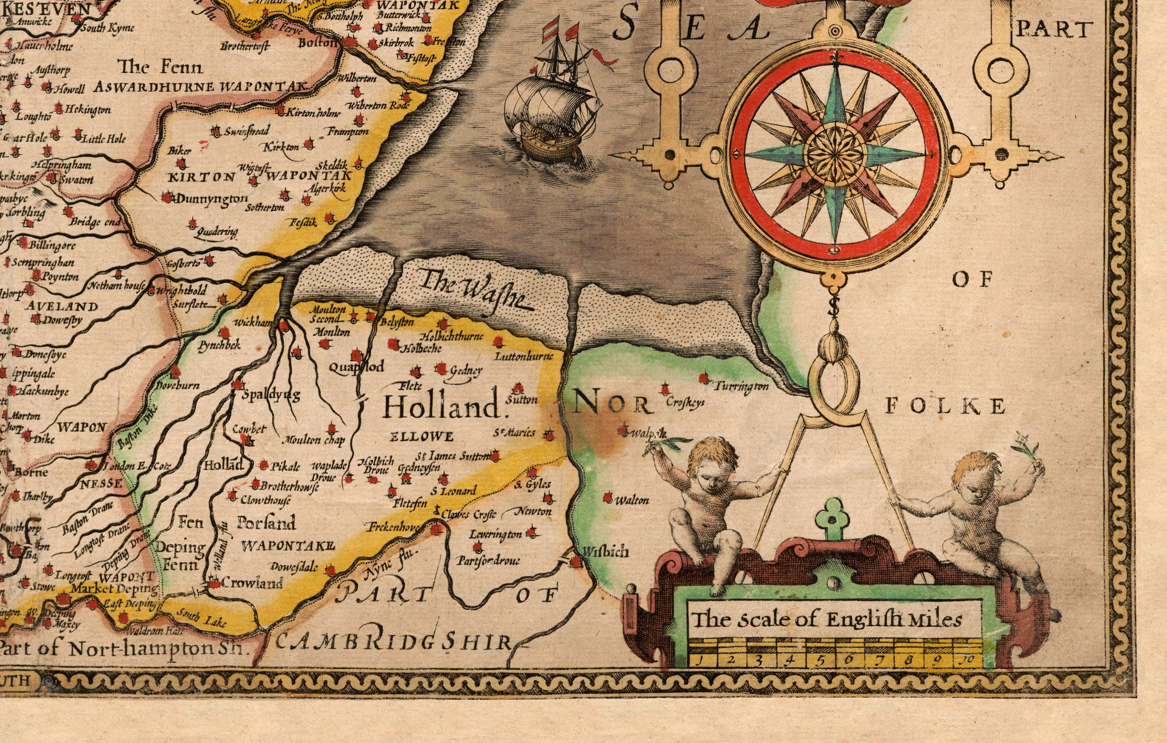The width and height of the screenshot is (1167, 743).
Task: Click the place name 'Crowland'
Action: [x=252, y=583]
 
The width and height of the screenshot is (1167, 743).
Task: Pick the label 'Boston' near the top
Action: [x=317, y=43]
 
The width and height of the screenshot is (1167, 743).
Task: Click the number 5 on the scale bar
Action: [x=820, y=660]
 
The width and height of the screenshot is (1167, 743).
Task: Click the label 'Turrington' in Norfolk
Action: [x=741, y=387]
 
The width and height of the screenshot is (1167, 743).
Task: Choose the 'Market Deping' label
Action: [x=114, y=589]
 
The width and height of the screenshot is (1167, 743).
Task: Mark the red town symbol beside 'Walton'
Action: [x=608, y=498]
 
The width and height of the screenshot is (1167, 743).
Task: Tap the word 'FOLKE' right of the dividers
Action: [x=945, y=406]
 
